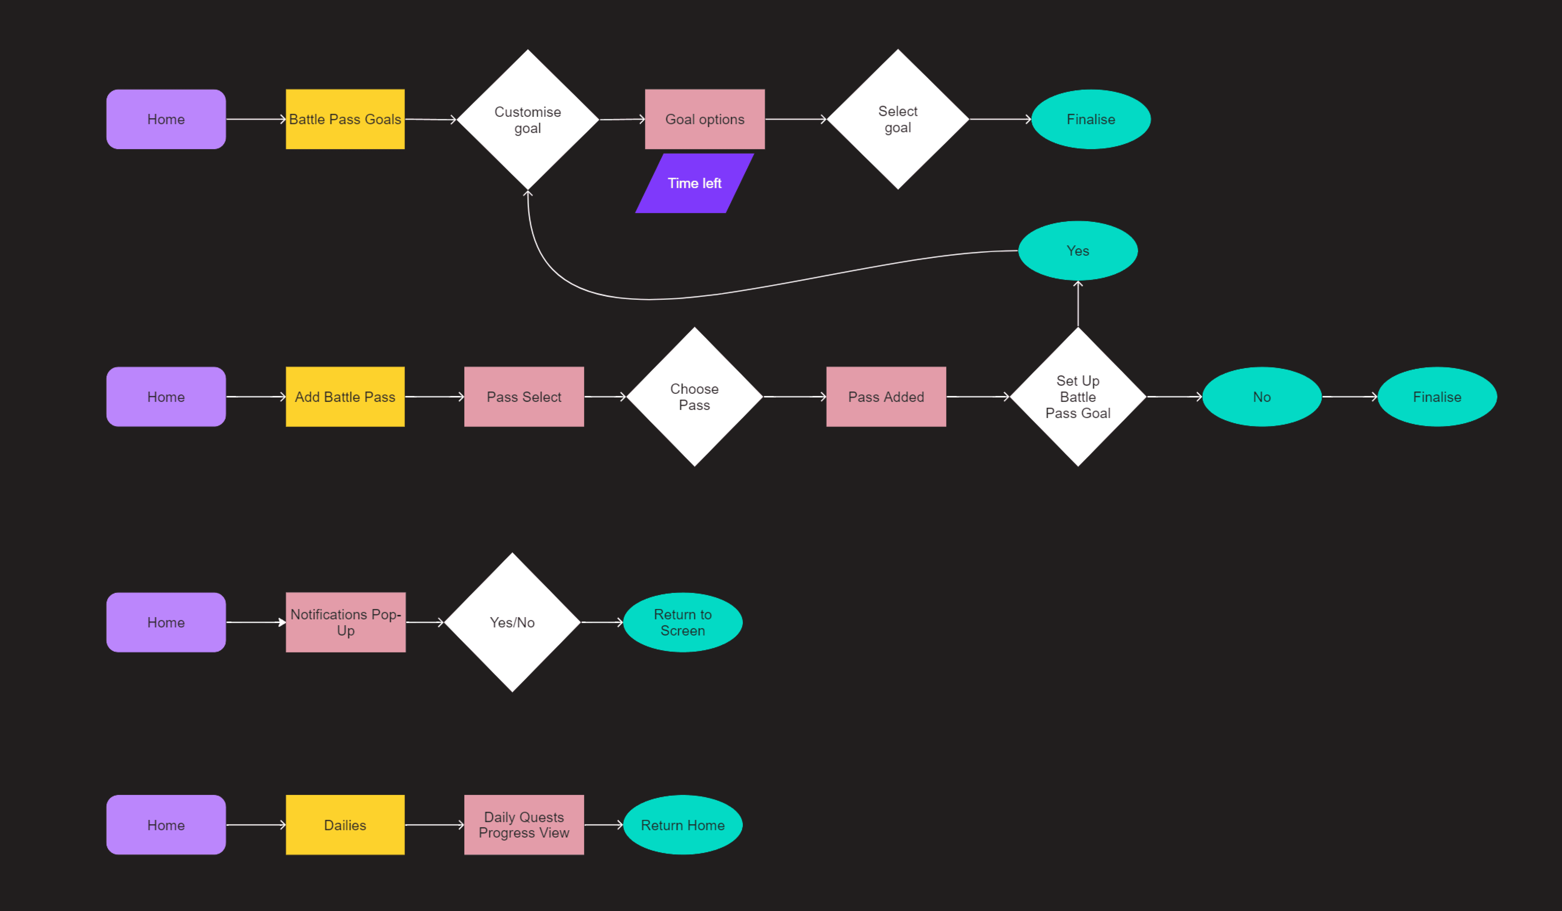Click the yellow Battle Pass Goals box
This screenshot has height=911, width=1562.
tap(345, 119)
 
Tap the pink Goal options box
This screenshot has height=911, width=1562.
tap(705, 119)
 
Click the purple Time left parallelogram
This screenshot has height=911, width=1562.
tap(694, 183)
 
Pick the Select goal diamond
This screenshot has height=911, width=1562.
tap(897, 119)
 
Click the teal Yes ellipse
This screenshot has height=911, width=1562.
tap(1078, 250)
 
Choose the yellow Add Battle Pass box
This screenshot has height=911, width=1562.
tap(345, 397)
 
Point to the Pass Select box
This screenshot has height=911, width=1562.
tap(524, 397)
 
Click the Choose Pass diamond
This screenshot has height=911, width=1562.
tap(694, 397)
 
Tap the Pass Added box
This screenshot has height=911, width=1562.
tap(886, 397)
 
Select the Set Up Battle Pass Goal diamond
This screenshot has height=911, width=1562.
tap(1078, 397)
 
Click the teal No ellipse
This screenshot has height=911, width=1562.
tap(1262, 397)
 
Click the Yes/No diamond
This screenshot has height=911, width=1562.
tap(512, 622)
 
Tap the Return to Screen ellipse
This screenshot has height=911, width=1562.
tap(682, 622)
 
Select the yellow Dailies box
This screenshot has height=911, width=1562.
tap(345, 825)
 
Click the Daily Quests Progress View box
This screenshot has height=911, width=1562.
tap(524, 825)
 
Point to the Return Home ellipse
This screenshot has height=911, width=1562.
tap(682, 825)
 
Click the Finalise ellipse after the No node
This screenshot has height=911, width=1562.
tap(1437, 397)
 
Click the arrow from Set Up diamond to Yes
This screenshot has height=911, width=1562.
tap(1078, 304)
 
